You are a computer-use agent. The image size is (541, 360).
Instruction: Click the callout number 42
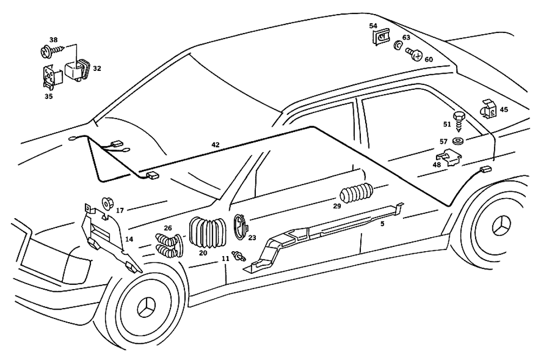tap(215, 145)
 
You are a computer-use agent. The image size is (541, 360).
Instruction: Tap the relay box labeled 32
tap(76, 70)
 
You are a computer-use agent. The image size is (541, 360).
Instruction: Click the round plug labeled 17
tap(107, 202)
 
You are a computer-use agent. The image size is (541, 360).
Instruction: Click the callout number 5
tap(382, 224)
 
